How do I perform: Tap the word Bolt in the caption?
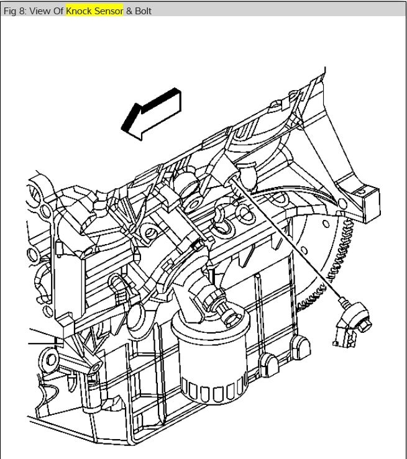coord(143,11)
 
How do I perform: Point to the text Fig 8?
coord(15,11)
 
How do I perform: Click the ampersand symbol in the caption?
coord(129,11)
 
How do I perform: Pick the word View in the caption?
coord(40,11)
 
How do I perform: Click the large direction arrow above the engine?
coord(152,114)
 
